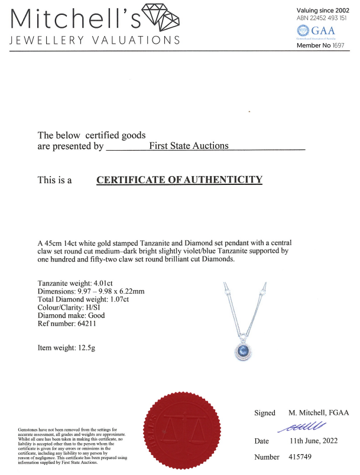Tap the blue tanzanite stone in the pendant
tap(243, 353)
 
